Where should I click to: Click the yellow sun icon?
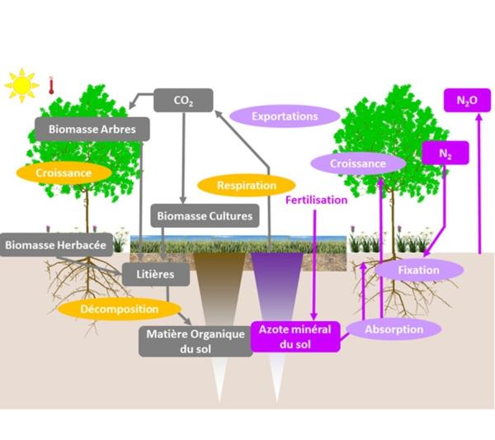pos(21,83)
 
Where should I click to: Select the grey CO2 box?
pos(183,101)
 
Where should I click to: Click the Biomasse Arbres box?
pos(92,129)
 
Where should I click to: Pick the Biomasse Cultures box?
pos(205,216)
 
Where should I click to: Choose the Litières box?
pos(149,272)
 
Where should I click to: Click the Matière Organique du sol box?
pos(195,340)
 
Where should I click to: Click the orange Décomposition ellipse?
pos(120,309)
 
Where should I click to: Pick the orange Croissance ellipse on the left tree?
pos(64,173)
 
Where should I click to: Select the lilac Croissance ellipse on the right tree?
pos(358,163)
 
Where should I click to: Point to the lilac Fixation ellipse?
pos(418,269)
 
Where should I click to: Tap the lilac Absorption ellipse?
pos(393,329)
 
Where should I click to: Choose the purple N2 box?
pos(445,153)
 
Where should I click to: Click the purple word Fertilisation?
pos(316,199)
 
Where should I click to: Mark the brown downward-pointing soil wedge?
pos(219,289)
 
